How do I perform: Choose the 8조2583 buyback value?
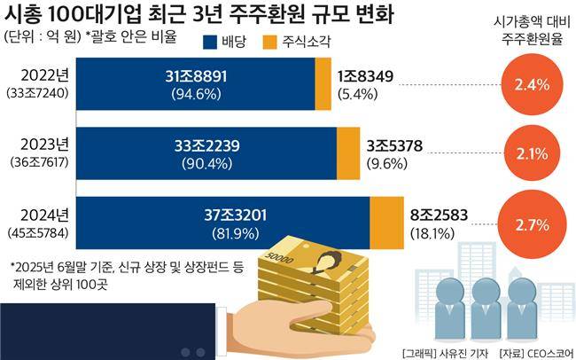point(440,214)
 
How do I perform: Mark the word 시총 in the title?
point(23,14)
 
